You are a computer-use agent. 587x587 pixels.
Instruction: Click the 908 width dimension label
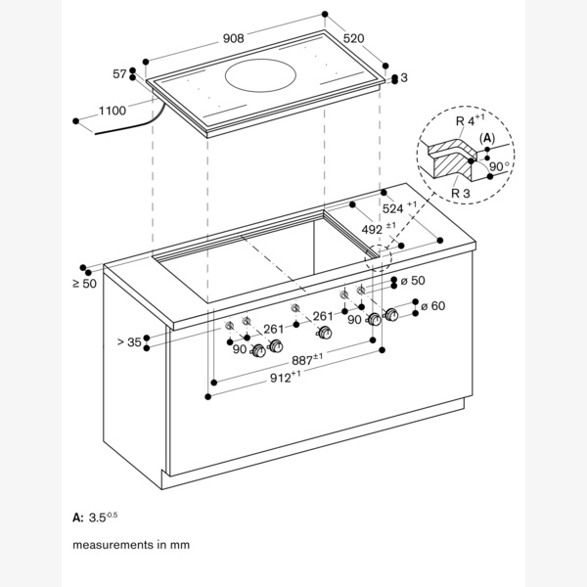coord(233,38)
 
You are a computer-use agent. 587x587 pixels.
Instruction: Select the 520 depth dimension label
coord(353,38)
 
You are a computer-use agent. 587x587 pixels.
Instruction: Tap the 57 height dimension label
coord(120,74)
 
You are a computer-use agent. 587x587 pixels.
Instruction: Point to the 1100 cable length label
coord(113,111)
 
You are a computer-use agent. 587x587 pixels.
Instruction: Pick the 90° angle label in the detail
coord(499,166)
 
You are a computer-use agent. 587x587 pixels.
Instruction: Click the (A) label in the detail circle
coord(486,138)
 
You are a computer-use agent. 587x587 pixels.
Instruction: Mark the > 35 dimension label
coord(128,341)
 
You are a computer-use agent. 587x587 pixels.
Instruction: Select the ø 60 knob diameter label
coord(431,306)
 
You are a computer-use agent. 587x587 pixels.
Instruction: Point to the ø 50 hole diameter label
coord(412,281)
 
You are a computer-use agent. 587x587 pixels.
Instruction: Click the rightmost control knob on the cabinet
coord(392,315)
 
